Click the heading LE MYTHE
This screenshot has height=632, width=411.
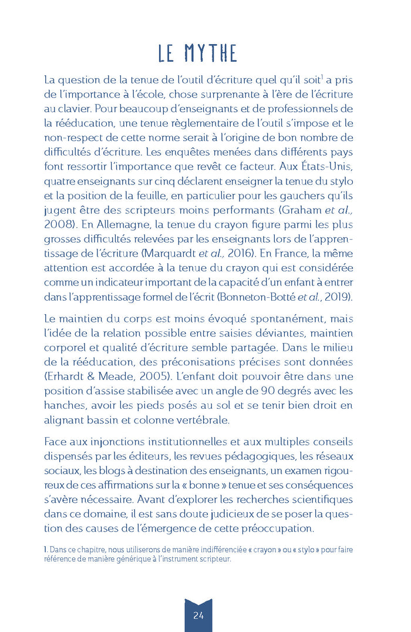tap(197, 53)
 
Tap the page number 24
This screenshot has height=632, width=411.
tap(198, 615)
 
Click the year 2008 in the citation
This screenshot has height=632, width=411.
tap(57, 225)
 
